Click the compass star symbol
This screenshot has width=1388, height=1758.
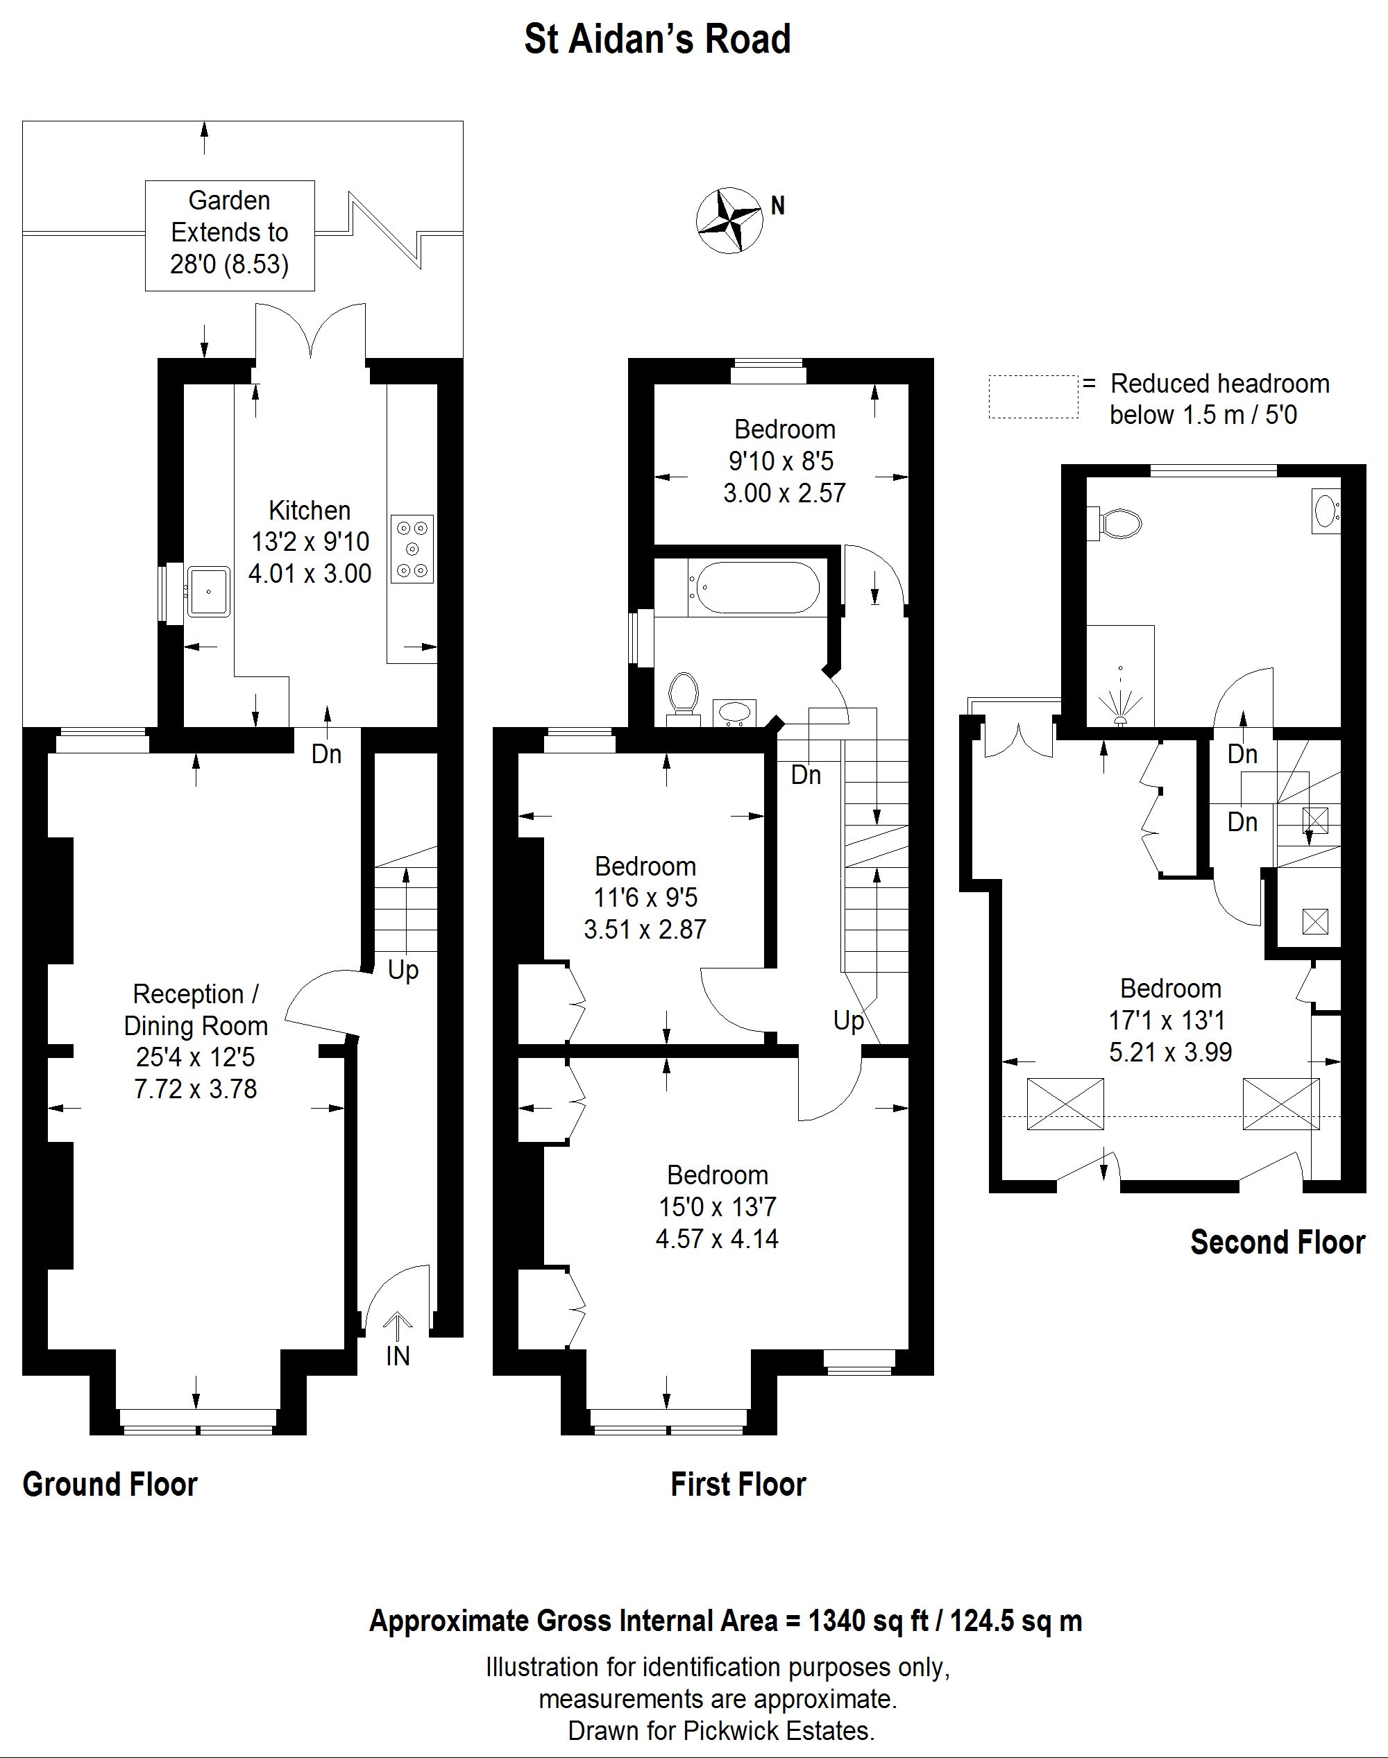pos(730,220)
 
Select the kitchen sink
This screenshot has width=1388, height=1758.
pos(209,591)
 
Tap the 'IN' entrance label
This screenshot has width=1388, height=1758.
pos(398,1356)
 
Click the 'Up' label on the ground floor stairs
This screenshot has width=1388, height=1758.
pos(403,970)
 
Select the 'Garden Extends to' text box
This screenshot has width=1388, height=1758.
pos(230,236)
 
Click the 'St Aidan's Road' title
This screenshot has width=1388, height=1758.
pos(657,39)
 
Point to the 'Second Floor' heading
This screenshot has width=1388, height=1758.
pos(1278,1242)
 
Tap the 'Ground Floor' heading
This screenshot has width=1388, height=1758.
pos(110,1484)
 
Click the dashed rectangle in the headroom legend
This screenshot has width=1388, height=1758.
pos(1033,398)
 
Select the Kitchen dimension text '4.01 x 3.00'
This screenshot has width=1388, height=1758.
pos(310,574)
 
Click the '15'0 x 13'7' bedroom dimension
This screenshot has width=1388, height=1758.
pos(718,1207)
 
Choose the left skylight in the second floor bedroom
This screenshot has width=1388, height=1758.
pos(1065,1104)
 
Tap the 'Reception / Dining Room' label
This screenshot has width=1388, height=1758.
pos(196,1010)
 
